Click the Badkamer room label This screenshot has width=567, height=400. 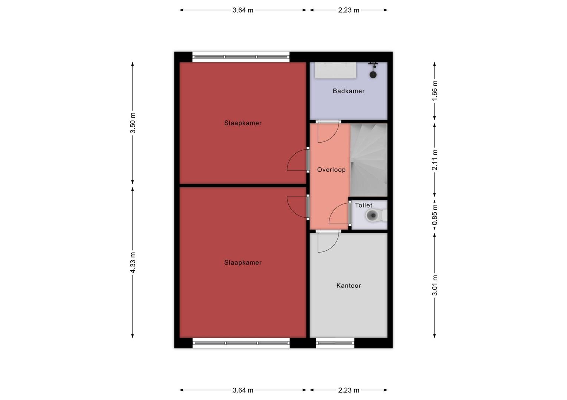click(x=348, y=91)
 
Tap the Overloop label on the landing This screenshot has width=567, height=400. click(x=331, y=170)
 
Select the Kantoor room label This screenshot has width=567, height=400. click(x=348, y=286)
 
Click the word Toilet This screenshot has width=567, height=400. click(x=364, y=205)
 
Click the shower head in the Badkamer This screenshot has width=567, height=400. click(x=373, y=70)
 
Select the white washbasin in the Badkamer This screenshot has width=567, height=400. click(x=335, y=70)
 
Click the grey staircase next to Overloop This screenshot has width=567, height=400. click(x=369, y=160)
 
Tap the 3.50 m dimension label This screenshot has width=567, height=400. click(x=133, y=123)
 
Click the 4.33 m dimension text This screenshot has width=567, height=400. click(x=133, y=263)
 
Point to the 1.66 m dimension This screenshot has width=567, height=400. click(x=435, y=91)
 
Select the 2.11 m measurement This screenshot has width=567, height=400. click(x=435, y=160)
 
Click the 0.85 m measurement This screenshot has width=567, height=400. click(x=435, y=214)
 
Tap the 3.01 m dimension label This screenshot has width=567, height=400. click(x=435, y=285)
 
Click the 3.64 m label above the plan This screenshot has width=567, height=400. click(x=243, y=10)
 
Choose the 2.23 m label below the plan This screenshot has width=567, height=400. click(x=348, y=390)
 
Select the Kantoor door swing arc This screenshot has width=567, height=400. click(x=333, y=247)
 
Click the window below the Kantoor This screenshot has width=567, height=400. click(x=335, y=343)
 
